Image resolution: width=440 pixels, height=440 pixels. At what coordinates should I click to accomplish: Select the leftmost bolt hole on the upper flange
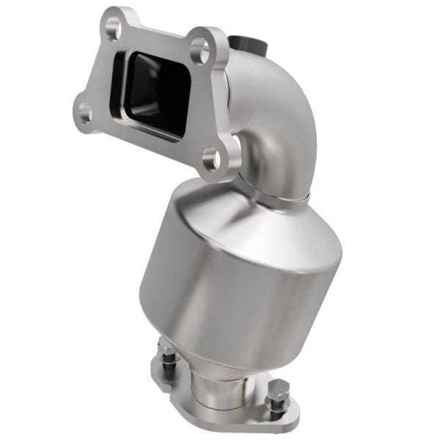(84, 113)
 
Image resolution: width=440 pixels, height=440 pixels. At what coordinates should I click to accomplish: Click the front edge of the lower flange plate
(220, 425)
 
